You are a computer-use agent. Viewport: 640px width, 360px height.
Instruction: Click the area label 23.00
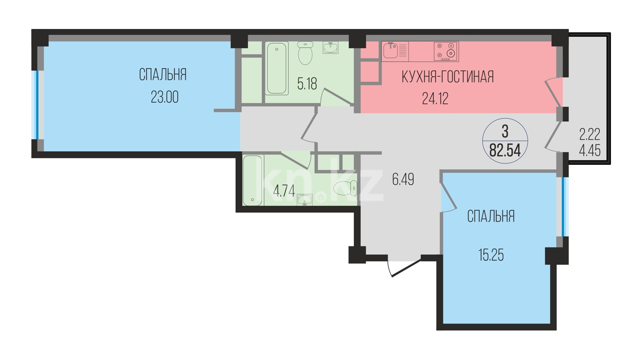click(x=164, y=97)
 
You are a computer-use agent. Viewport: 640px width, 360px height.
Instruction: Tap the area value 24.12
click(x=435, y=99)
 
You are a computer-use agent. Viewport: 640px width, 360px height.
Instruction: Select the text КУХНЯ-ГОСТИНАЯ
click(x=448, y=77)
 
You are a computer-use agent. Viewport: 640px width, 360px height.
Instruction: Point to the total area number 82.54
click(x=505, y=150)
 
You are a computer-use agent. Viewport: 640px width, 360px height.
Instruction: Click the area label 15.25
click(x=491, y=255)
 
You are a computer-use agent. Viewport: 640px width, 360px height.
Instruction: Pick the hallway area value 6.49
click(x=403, y=179)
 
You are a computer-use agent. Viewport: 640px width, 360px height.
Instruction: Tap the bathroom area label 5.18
click(x=307, y=84)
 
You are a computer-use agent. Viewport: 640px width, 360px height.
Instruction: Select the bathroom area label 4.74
click(x=284, y=191)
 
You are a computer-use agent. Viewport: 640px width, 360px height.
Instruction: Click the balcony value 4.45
click(x=590, y=151)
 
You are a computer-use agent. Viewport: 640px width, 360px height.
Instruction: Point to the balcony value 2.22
click(x=590, y=134)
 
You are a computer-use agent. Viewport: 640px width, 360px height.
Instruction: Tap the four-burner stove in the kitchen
click(x=446, y=51)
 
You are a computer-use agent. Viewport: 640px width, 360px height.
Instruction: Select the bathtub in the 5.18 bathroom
click(x=277, y=68)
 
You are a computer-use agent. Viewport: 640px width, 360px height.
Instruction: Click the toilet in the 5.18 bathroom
click(x=305, y=53)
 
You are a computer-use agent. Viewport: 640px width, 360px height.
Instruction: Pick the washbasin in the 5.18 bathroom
click(x=331, y=48)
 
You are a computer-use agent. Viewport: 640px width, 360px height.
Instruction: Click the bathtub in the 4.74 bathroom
click(x=252, y=180)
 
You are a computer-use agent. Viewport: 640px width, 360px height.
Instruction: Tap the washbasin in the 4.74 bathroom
click(x=304, y=200)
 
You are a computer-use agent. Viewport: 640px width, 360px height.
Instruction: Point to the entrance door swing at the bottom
click(x=404, y=267)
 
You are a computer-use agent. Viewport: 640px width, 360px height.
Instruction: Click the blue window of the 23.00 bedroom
click(x=36, y=105)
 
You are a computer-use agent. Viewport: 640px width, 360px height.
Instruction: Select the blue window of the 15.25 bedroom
click(x=564, y=207)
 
